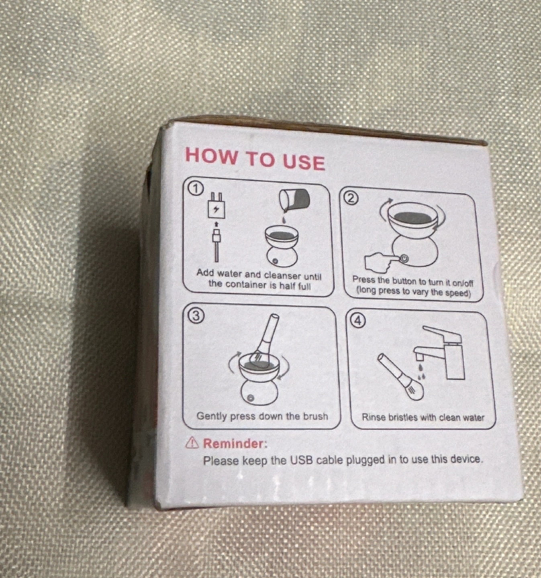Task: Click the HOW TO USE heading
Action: [x=255, y=159]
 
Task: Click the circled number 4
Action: [x=358, y=320]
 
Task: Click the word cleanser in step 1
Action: [x=283, y=275]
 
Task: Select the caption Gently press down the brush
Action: [x=262, y=417]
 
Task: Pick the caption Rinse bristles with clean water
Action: [x=423, y=417]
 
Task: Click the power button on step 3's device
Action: [x=250, y=398]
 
